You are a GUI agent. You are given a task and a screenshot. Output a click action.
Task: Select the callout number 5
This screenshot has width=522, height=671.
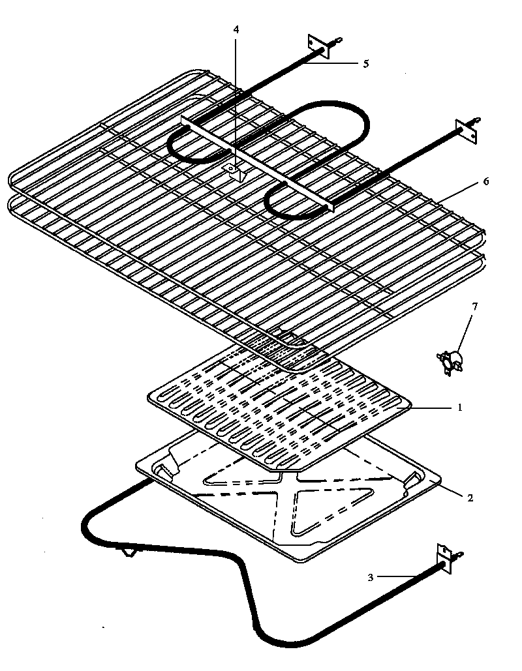366,63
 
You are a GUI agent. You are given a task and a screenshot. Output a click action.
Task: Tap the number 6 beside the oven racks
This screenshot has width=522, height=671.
485,182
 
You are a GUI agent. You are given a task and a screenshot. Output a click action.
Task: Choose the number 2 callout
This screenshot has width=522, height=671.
470,498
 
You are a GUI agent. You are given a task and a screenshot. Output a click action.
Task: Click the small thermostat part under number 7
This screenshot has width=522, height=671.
450,361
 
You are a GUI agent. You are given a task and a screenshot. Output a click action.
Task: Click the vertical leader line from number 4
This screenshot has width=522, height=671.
236,98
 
